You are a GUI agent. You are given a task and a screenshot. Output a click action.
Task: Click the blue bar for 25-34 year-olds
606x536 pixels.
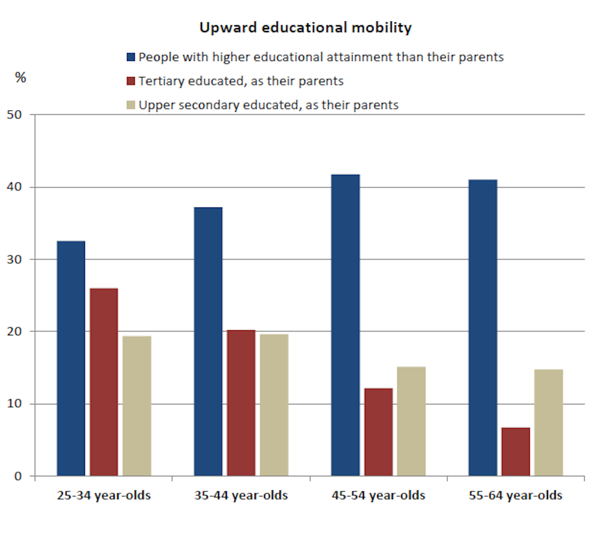click(x=71, y=358)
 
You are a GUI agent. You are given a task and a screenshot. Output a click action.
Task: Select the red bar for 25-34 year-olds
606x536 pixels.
click(x=104, y=382)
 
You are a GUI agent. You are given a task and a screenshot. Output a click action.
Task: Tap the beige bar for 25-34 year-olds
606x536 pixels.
click(x=137, y=406)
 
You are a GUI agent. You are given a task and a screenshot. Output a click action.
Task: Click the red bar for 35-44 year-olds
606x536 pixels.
click(x=241, y=403)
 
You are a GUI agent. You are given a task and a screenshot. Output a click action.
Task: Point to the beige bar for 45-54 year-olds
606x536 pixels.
click(x=411, y=421)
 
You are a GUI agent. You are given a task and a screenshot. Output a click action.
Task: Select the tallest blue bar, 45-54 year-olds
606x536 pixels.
click(x=346, y=325)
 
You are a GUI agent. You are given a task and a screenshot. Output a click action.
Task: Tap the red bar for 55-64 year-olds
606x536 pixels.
click(x=516, y=452)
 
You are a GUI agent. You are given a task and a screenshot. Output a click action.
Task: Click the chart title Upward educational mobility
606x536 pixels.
click(x=306, y=27)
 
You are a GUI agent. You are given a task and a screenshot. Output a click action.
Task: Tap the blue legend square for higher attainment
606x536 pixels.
click(x=131, y=57)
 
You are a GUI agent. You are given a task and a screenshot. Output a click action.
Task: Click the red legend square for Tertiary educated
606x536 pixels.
click(x=131, y=81)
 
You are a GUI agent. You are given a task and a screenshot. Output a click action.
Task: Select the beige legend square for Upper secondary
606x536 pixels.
click(x=131, y=105)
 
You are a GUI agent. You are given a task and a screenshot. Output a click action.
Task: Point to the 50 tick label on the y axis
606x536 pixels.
click(x=14, y=115)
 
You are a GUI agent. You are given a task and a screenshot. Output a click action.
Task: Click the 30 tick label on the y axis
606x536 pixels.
click(x=14, y=259)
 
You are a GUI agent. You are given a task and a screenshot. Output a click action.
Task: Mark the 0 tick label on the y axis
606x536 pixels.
click(x=18, y=476)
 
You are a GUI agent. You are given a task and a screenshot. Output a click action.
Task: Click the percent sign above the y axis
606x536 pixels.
click(x=21, y=77)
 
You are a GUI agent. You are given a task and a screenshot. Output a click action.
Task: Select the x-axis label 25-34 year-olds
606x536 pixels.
click(x=104, y=495)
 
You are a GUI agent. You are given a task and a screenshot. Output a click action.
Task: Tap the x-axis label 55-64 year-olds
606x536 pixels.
click(x=515, y=495)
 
